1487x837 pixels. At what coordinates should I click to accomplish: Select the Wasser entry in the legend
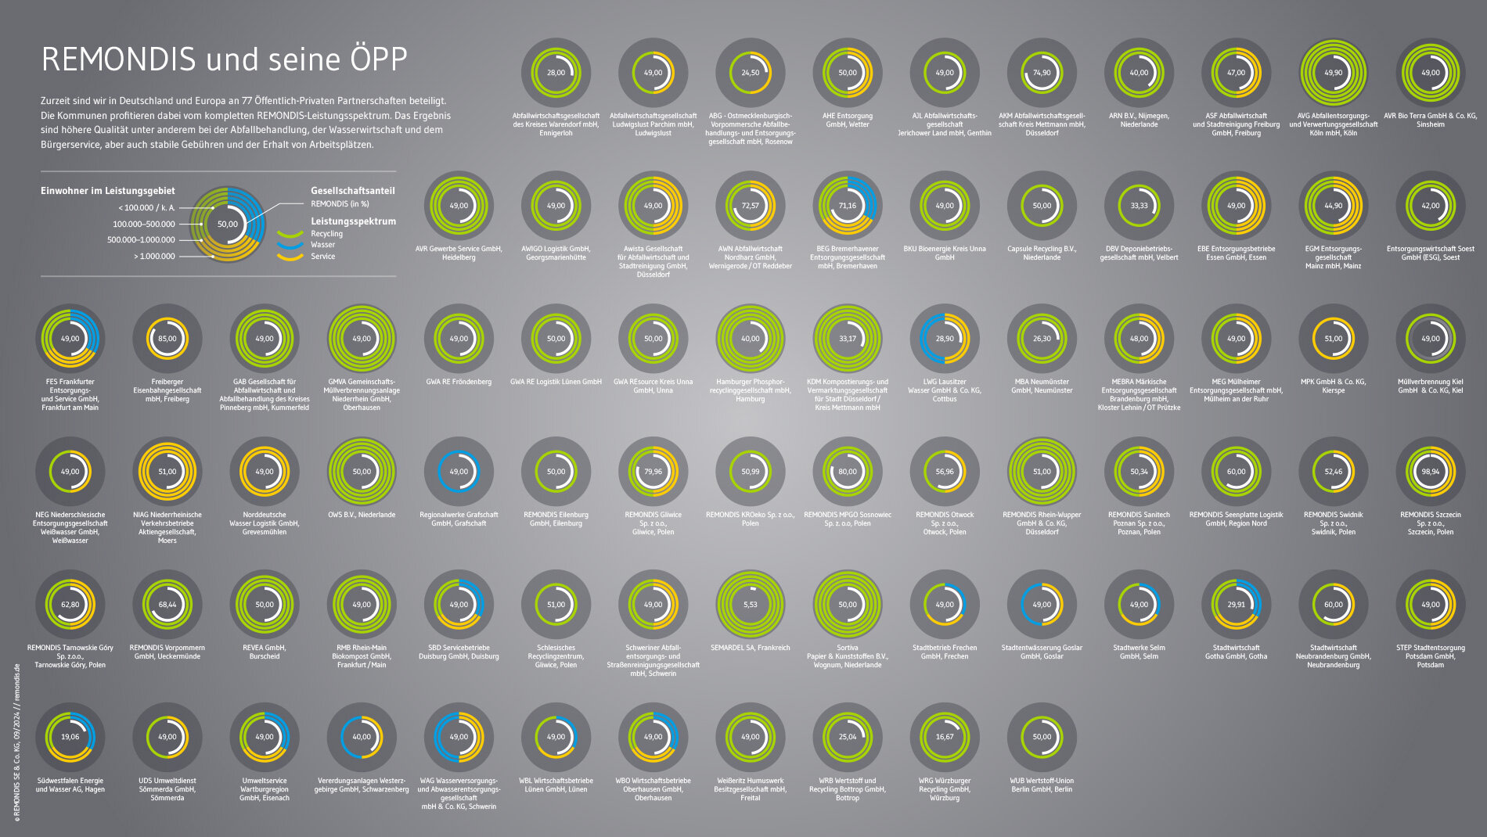pyautogui.click(x=322, y=245)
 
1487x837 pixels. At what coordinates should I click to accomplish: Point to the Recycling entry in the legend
pyautogui.click(x=326, y=234)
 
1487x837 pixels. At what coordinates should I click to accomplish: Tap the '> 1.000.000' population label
pyautogui.click(x=154, y=257)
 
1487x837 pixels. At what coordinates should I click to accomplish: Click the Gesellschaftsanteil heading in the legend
pyautogui.click(x=352, y=191)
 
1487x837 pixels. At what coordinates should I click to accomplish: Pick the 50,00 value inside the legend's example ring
pyautogui.click(x=228, y=225)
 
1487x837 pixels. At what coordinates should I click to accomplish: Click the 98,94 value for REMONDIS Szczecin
pyautogui.click(x=1430, y=472)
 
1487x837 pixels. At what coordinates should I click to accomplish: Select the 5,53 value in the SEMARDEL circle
pyautogui.click(x=750, y=605)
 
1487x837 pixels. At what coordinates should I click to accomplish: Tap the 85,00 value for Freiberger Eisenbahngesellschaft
pyautogui.click(x=167, y=339)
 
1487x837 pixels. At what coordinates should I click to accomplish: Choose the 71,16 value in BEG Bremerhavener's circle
pyautogui.click(x=847, y=206)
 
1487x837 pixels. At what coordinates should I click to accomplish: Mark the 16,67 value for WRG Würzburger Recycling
pyautogui.click(x=944, y=737)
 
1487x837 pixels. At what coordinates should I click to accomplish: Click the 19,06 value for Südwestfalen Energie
pyautogui.click(x=70, y=737)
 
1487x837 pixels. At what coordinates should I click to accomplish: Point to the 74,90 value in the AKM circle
pyautogui.click(x=1042, y=73)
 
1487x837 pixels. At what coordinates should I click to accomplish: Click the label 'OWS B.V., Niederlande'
pyautogui.click(x=362, y=515)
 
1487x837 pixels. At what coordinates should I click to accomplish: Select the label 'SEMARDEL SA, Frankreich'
pyautogui.click(x=750, y=648)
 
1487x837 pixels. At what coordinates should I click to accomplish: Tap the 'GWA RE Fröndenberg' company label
pyautogui.click(x=459, y=382)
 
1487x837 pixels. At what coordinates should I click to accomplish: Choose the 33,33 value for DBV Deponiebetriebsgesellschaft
pyautogui.click(x=1139, y=206)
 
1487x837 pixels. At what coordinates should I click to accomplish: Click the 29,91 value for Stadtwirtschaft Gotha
pyautogui.click(x=1236, y=605)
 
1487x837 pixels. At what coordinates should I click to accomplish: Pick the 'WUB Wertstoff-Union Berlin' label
pyautogui.click(x=1042, y=785)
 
